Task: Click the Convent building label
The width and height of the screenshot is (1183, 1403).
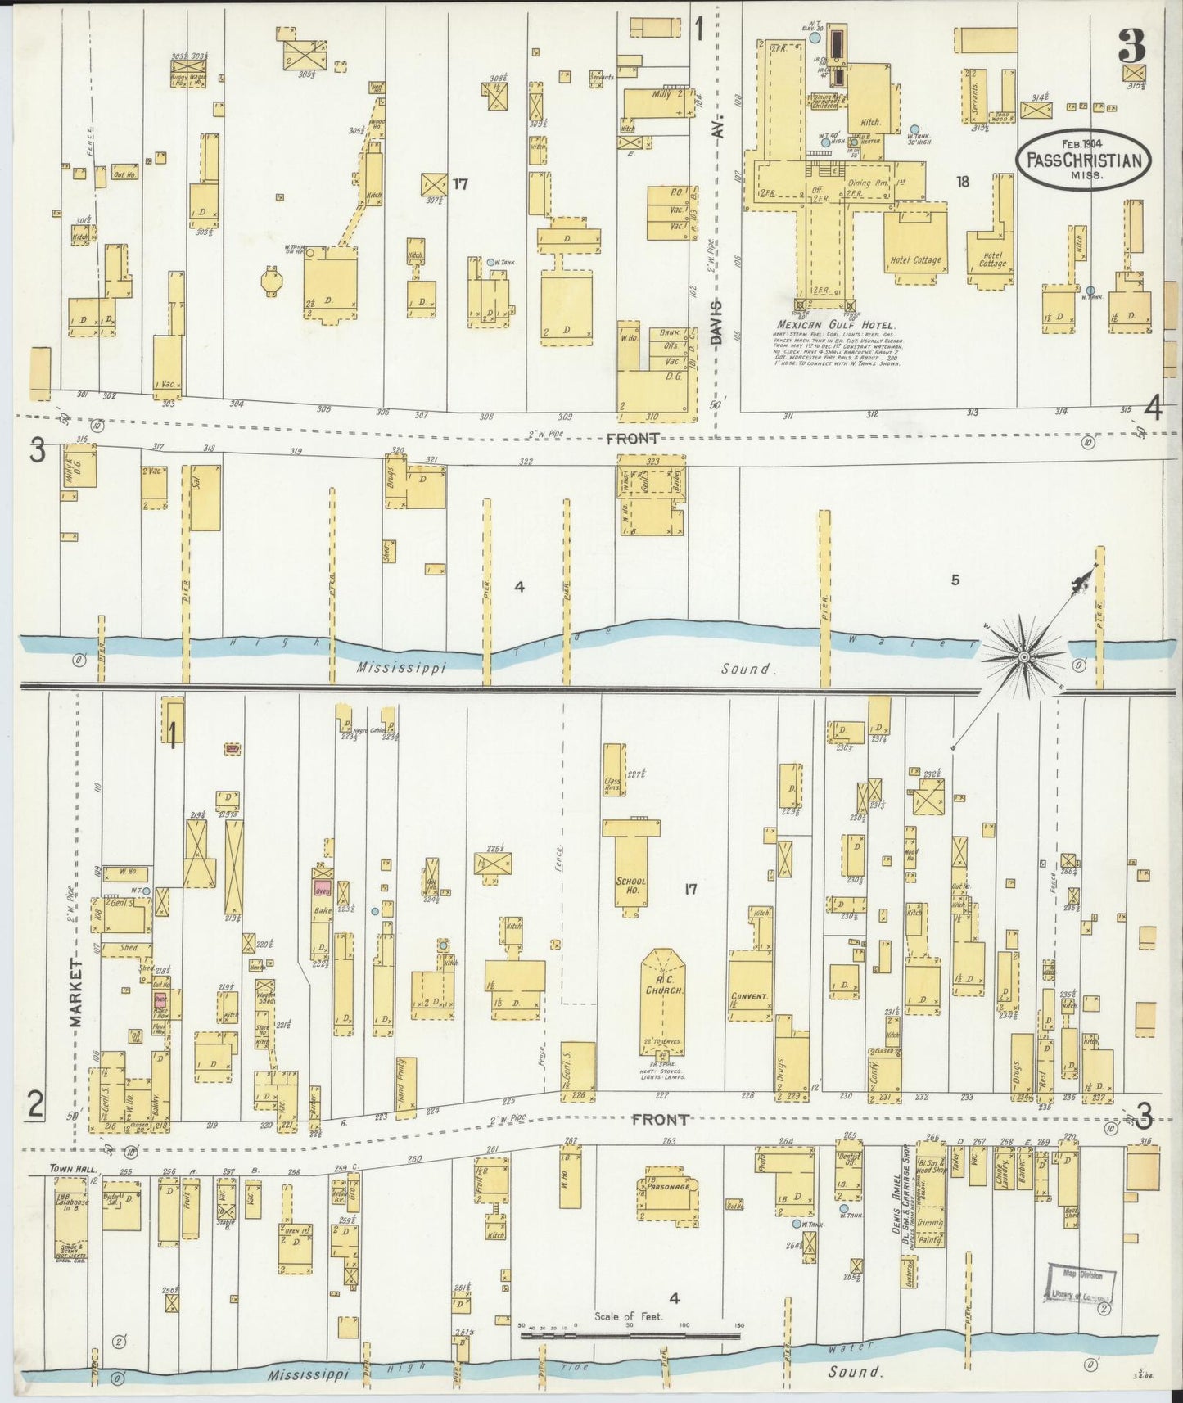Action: point(749,996)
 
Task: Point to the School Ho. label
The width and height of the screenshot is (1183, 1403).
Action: point(631,886)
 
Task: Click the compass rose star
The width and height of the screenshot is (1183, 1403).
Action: point(1023,657)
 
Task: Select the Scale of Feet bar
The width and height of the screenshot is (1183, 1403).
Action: point(630,1335)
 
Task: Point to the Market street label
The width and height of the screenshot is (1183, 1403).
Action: point(76,993)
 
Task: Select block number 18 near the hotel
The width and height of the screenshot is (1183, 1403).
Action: point(963,182)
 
